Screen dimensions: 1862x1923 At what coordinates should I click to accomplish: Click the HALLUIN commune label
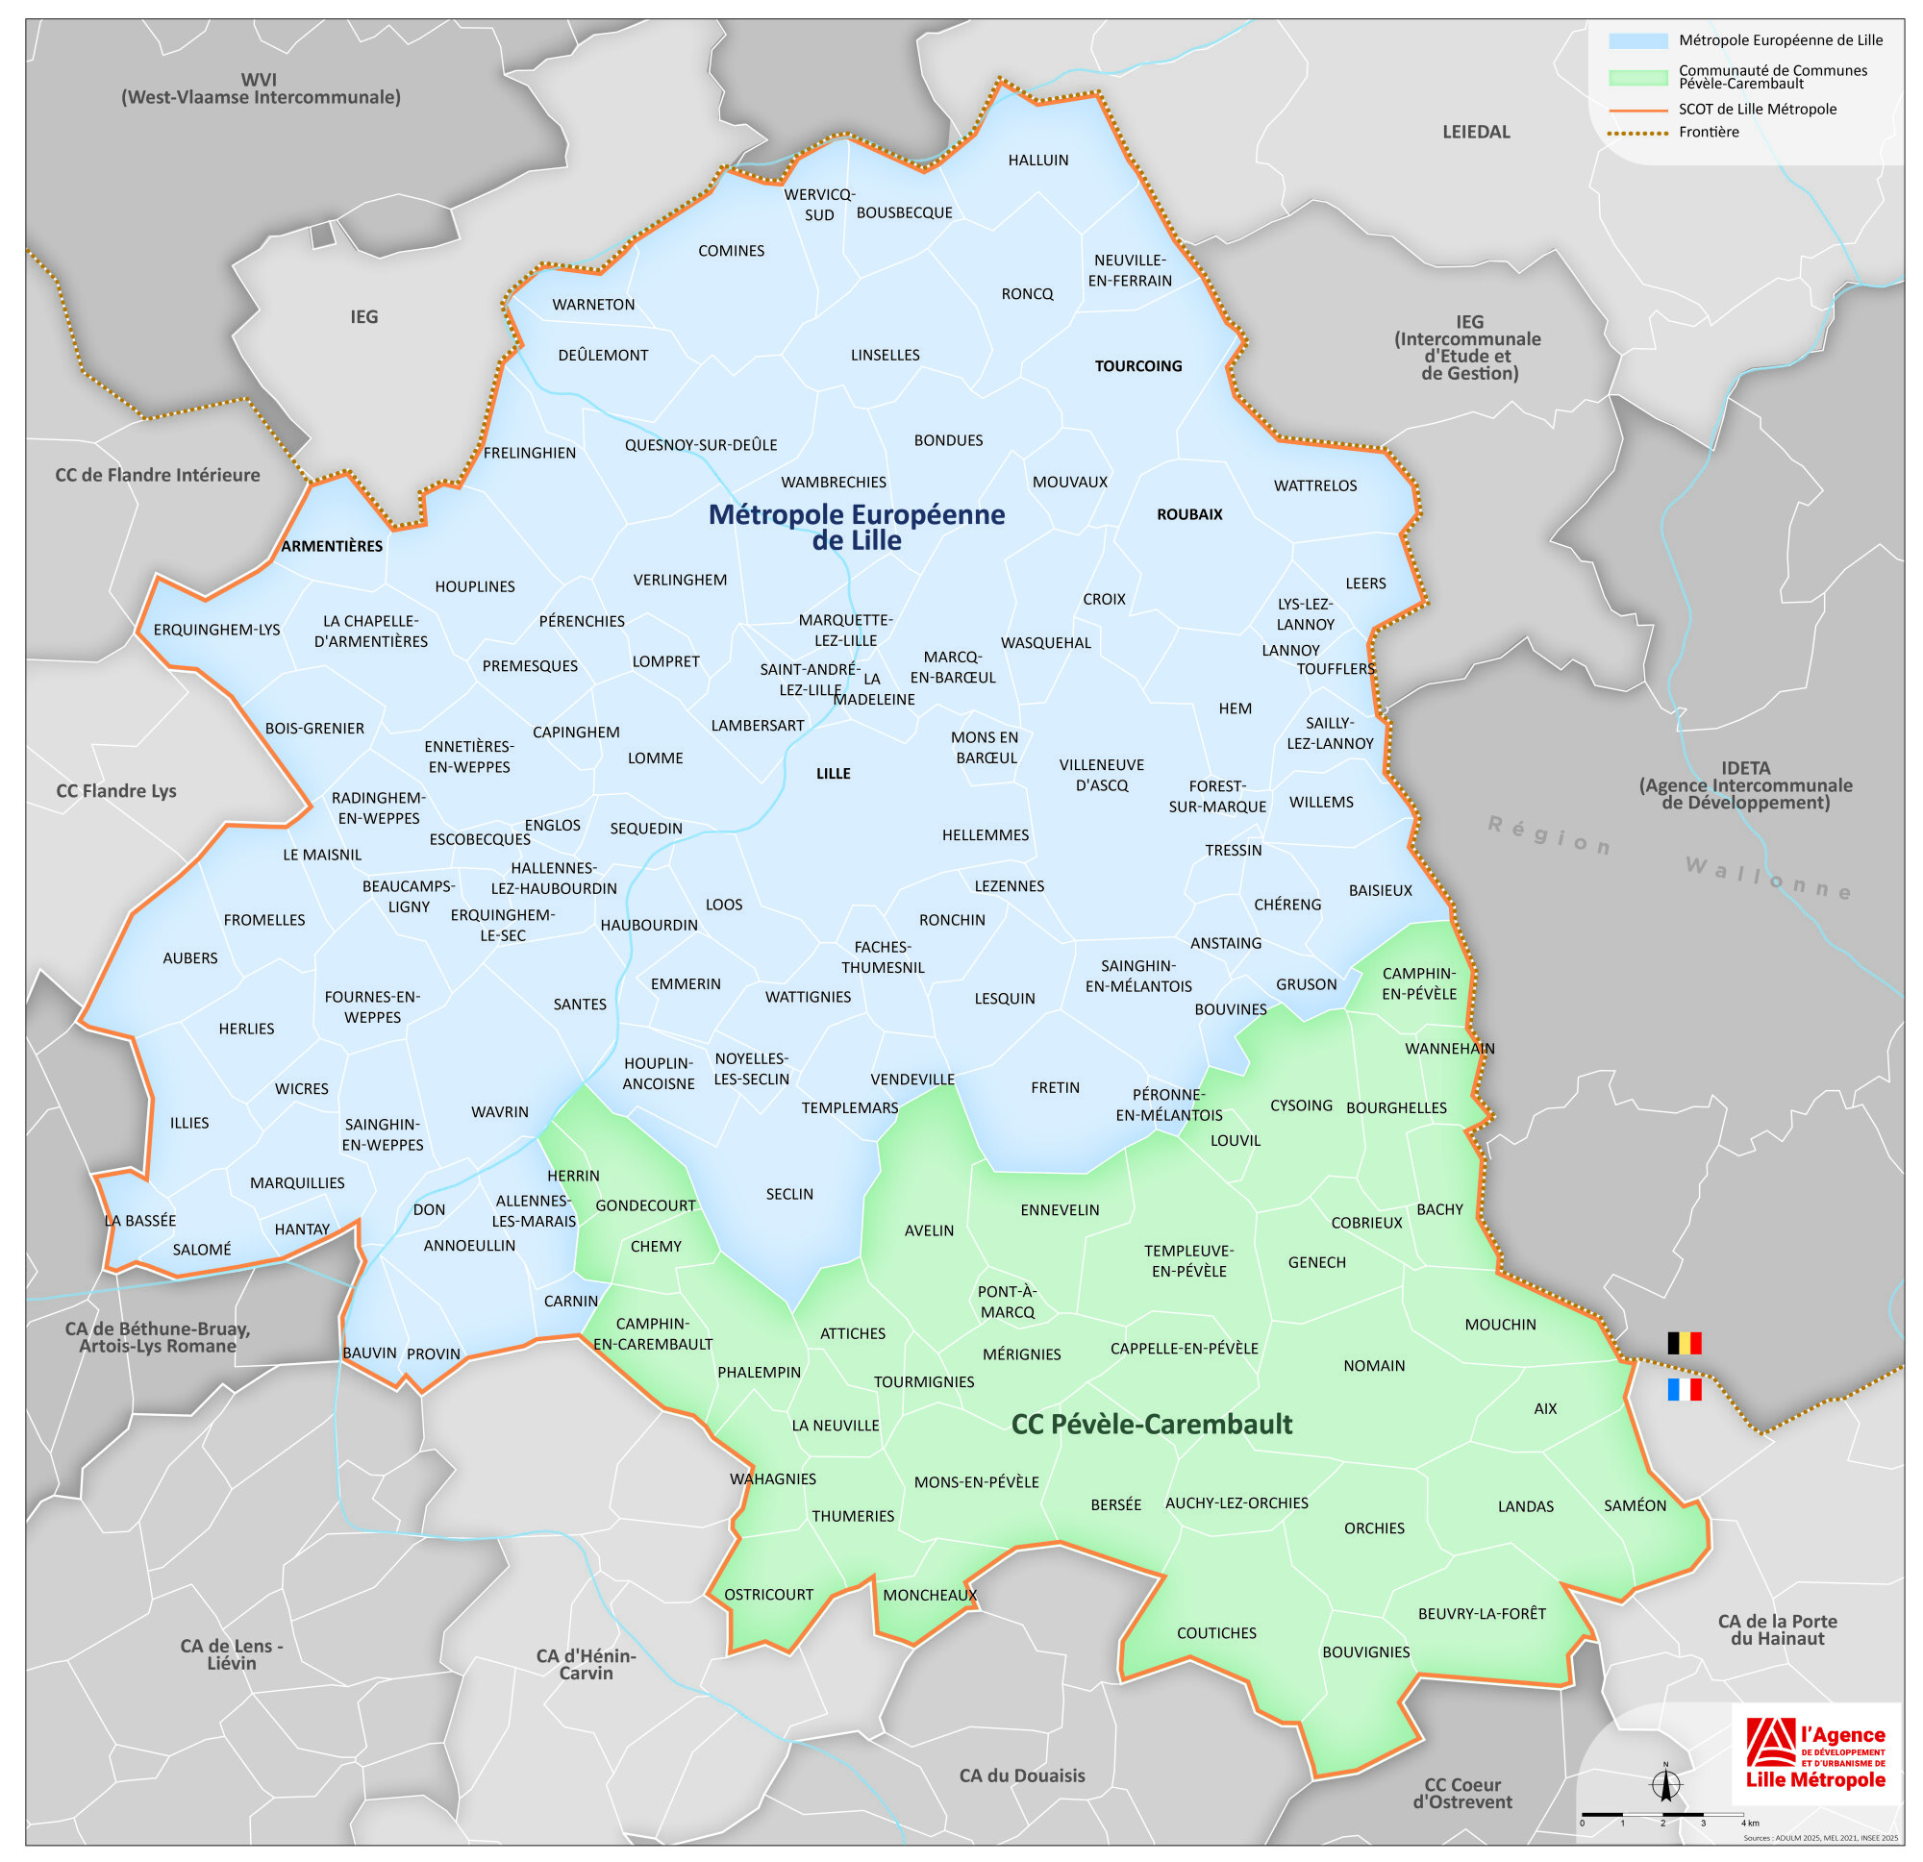[1038, 160]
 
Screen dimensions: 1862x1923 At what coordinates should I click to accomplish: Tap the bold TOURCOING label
[1138, 366]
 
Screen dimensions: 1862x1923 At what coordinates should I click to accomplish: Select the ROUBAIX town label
[1189, 514]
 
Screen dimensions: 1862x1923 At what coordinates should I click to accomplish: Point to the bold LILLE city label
[833, 773]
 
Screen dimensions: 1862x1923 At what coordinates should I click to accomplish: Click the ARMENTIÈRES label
[332, 545]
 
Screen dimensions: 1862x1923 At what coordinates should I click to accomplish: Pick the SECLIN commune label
[788, 1194]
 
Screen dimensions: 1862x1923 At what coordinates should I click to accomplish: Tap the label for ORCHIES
[1374, 1527]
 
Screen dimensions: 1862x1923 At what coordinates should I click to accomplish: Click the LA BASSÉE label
[140, 1221]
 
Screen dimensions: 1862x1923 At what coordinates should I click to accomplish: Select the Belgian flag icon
[1684, 1343]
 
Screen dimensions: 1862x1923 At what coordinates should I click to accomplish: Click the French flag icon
[1684, 1389]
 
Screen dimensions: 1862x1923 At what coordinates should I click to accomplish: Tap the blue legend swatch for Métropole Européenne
[1637, 41]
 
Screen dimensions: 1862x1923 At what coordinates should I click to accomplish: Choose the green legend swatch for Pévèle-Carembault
[1637, 77]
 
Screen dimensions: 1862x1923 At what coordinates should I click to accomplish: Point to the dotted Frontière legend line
[1637, 133]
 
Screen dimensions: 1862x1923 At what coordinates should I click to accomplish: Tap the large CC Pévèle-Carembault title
[1151, 1424]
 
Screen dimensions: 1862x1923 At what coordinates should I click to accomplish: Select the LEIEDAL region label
[1475, 132]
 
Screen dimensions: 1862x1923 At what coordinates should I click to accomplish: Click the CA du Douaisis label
[1021, 1775]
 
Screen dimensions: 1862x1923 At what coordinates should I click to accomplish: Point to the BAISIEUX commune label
[1380, 890]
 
